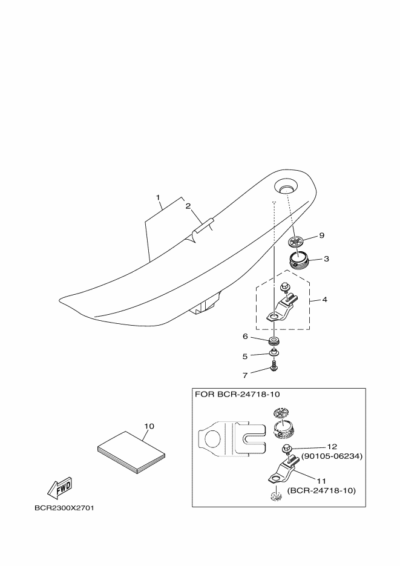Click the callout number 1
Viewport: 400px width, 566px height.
click(x=158, y=197)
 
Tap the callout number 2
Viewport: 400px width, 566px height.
click(x=188, y=206)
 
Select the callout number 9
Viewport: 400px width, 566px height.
click(x=322, y=235)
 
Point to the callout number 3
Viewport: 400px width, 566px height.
click(x=326, y=259)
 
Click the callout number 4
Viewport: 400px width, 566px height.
click(x=324, y=300)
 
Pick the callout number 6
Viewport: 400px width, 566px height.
click(x=245, y=337)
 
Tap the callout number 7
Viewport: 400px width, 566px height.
click(x=245, y=375)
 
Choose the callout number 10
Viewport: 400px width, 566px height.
click(x=149, y=426)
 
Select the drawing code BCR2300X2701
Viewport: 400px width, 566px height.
click(x=65, y=508)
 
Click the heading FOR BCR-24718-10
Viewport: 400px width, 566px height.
click(x=237, y=394)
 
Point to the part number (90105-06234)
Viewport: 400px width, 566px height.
click(x=332, y=456)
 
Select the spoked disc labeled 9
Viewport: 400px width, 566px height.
click(x=297, y=241)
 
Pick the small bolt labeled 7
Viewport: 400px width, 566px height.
click(x=274, y=366)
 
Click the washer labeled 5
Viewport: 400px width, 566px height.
click(x=274, y=352)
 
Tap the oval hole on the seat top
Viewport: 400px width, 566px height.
click(x=286, y=186)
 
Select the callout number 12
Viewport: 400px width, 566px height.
click(x=332, y=447)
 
